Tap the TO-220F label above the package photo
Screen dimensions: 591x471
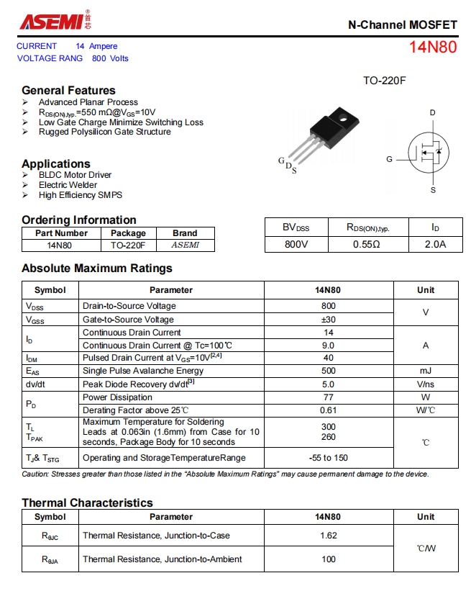pyautogui.click(x=384, y=81)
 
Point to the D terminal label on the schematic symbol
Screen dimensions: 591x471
pyautogui.click(x=433, y=113)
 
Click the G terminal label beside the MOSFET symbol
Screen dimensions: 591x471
pyautogui.click(x=389, y=158)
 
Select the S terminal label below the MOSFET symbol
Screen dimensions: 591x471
pyautogui.click(x=433, y=190)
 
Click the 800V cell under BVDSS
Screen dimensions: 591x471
pyautogui.click(x=296, y=244)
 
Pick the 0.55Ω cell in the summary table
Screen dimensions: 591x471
pyautogui.click(x=367, y=244)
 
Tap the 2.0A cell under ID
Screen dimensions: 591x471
pyautogui.click(x=435, y=244)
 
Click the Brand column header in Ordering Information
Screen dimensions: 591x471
pyautogui.click(x=185, y=233)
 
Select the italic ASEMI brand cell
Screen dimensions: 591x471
pyautogui.click(x=185, y=245)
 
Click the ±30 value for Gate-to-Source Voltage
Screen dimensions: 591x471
pyautogui.click(x=329, y=320)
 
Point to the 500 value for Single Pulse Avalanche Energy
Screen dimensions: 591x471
pyautogui.click(x=329, y=371)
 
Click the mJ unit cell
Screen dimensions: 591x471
pyautogui.click(x=426, y=371)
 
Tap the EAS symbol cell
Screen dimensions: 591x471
pyautogui.click(x=35, y=371)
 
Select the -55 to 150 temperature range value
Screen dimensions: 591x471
pyautogui.click(x=329, y=458)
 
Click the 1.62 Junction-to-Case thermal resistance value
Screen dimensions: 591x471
pyautogui.click(x=329, y=536)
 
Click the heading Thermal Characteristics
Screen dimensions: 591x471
pyautogui.click(x=87, y=502)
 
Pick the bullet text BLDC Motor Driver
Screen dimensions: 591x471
pyautogui.click(x=75, y=175)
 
